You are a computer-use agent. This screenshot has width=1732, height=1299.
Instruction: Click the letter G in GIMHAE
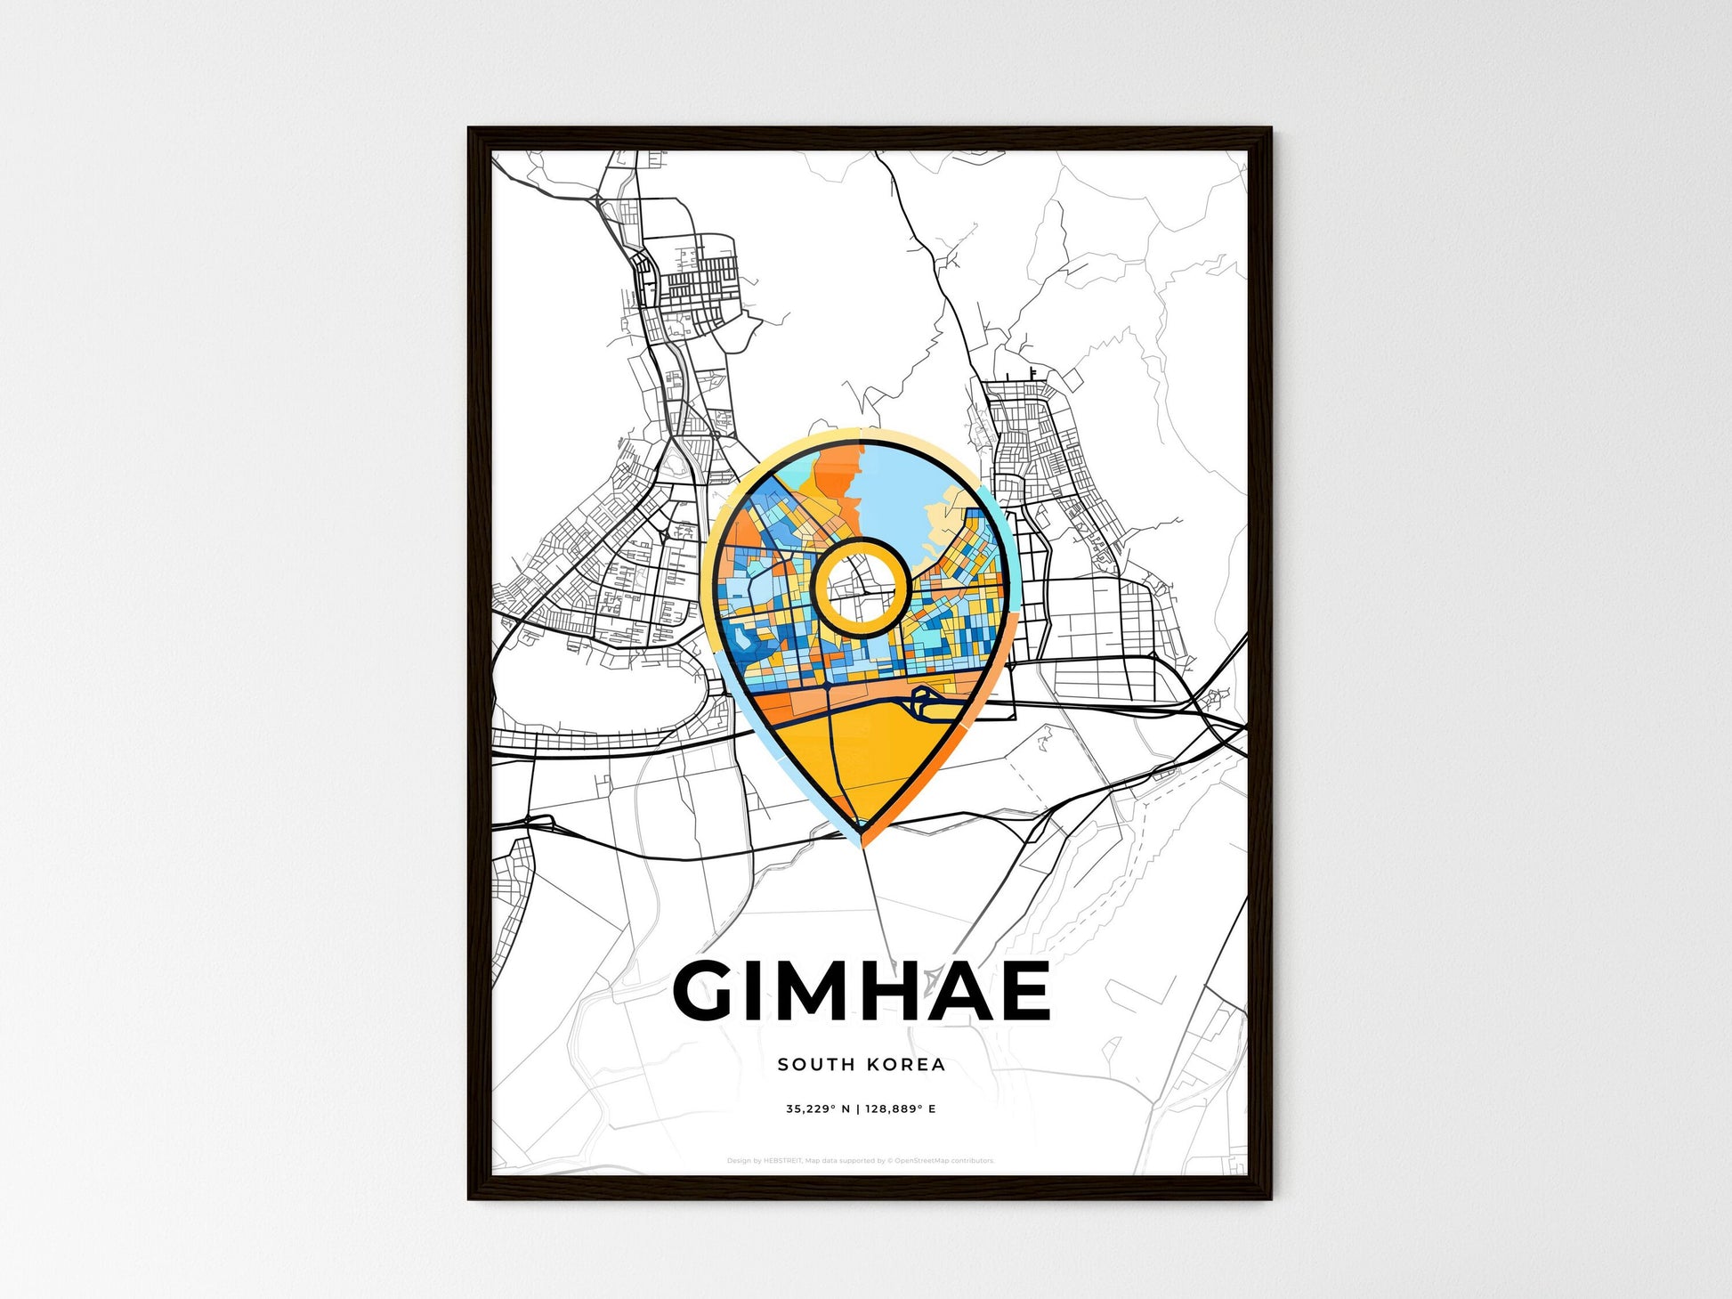tap(709, 991)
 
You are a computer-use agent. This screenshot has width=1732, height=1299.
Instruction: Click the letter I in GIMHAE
tap(757, 991)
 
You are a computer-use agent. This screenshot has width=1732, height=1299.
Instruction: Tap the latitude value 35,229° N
tap(817, 1109)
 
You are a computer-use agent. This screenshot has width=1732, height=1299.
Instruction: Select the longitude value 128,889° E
tap(900, 1109)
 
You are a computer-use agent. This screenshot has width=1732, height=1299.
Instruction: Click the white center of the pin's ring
tap(860, 588)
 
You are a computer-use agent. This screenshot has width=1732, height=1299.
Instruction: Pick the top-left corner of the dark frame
tap(471, 130)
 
